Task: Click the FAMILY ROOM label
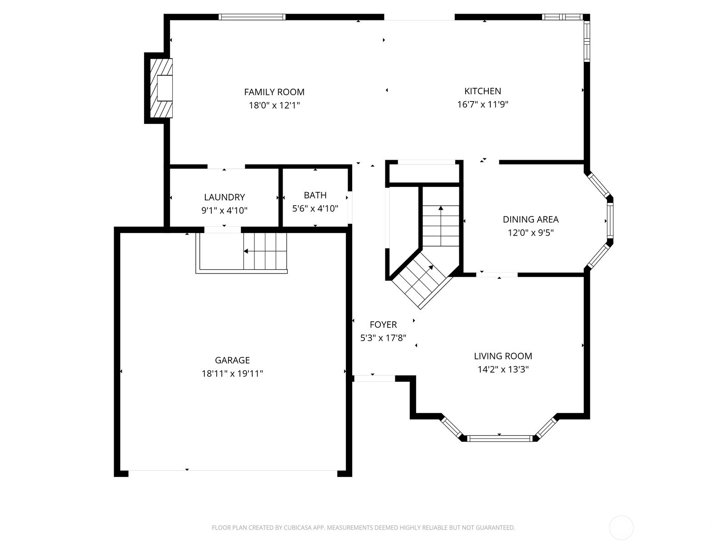tap(274, 92)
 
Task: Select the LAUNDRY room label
tap(224, 197)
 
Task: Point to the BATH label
tap(315, 195)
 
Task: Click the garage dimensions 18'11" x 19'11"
tap(232, 374)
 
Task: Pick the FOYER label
tap(383, 324)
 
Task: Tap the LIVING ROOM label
tap(503, 356)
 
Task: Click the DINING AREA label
tap(530, 219)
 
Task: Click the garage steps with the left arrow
tap(265, 251)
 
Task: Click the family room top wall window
tap(252, 17)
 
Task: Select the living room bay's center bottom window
tap(499, 439)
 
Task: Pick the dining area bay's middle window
tap(610, 221)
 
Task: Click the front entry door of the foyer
tap(374, 378)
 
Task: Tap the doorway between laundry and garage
tap(223, 230)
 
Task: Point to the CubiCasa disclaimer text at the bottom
tap(363, 528)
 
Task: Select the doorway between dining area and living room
tap(497, 274)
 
